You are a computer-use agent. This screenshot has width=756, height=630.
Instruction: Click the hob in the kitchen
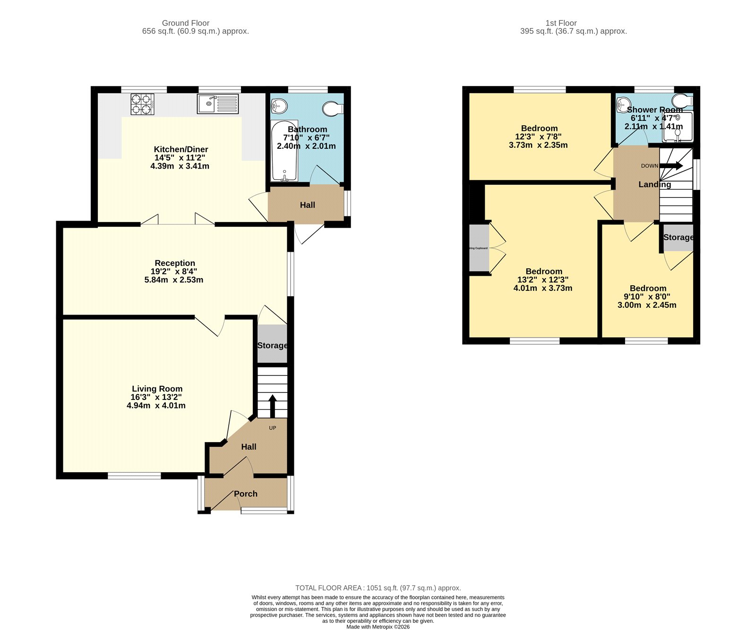pyautogui.click(x=142, y=104)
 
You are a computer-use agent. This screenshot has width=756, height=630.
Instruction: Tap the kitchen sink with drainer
pyautogui.click(x=218, y=104)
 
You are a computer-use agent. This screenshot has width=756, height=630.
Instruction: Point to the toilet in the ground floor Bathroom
pyautogui.click(x=333, y=109)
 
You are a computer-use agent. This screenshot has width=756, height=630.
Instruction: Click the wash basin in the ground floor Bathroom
pyautogui.click(x=279, y=106)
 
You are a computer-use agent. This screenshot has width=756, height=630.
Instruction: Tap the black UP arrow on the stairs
pyautogui.click(x=272, y=406)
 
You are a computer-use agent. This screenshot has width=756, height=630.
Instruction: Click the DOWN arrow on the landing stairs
pyautogui.click(x=671, y=166)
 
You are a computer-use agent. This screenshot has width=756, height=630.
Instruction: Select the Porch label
pyautogui.click(x=246, y=494)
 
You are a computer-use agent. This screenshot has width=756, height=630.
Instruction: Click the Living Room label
pyautogui.click(x=157, y=389)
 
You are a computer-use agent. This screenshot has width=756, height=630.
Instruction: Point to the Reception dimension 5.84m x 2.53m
pyautogui.click(x=174, y=280)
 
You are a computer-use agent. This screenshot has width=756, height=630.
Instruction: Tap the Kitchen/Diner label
pyautogui.click(x=181, y=149)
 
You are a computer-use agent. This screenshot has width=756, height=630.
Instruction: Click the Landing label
pyautogui.click(x=654, y=184)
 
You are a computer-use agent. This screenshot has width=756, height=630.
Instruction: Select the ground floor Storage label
pyautogui.click(x=272, y=345)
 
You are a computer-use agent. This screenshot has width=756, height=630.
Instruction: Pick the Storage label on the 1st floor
pyautogui.click(x=679, y=237)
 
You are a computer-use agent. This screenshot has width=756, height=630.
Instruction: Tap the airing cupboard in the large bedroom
pyautogui.click(x=479, y=248)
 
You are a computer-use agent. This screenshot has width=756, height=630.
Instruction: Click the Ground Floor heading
pyautogui.click(x=185, y=23)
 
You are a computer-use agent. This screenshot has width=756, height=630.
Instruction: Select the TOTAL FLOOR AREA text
pyautogui.click(x=378, y=588)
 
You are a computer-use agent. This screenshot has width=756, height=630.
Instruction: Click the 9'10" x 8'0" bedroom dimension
pyautogui.click(x=647, y=297)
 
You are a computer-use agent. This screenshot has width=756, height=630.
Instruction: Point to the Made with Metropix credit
pyautogui.click(x=378, y=627)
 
